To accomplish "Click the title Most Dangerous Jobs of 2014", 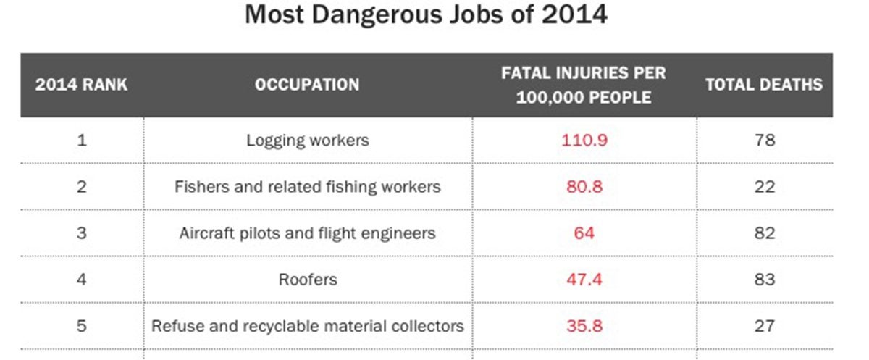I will tap(426, 15).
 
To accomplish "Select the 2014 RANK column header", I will tap(82, 85).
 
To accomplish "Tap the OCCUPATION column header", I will tap(307, 85).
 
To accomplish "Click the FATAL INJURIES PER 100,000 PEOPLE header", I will tap(584, 85).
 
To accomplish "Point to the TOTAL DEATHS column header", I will tap(764, 85).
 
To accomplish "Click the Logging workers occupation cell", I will tap(307, 140).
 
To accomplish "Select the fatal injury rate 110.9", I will tap(584, 140).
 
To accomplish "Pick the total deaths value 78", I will tap(764, 140).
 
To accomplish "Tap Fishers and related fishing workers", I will tap(307, 187).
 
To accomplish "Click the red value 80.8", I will tap(584, 187).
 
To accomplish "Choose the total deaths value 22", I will tap(764, 187).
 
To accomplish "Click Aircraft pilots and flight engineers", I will tap(307, 233).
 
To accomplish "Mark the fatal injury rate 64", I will tap(584, 233).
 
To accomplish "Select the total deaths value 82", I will tap(764, 233).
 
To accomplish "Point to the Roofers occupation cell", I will tap(307, 280).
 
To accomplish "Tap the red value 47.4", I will tap(584, 280).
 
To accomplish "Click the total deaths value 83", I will tap(764, 280).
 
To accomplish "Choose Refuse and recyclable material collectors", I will tap(307, 326).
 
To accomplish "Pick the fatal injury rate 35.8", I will tap(584, 326).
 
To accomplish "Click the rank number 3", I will tap(82, 233).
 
